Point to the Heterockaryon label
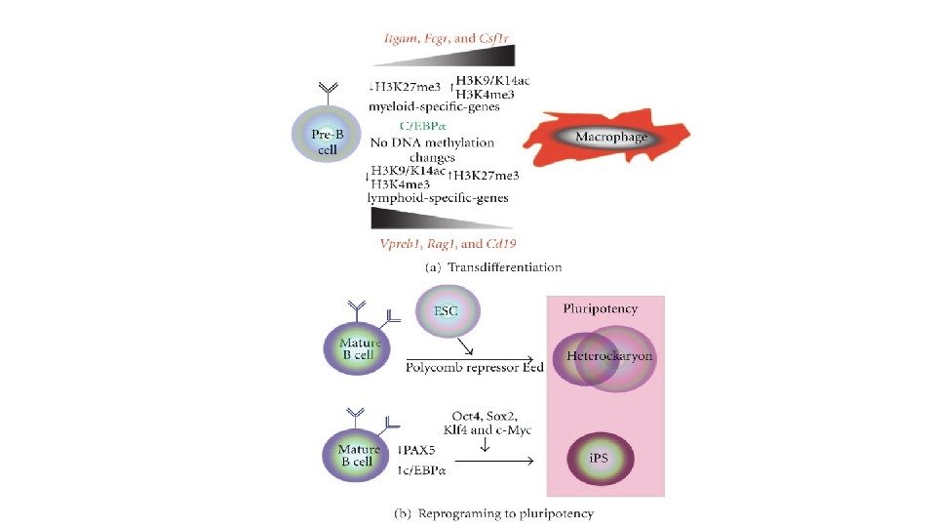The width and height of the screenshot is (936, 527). [x=609, y=356]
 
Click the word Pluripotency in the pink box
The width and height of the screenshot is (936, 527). [x=600, y=309]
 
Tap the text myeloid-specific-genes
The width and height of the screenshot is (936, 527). [x=435, y=106]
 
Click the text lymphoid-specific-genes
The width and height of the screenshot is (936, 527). [x=439, y=198]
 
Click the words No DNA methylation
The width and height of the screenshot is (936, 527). [x=432, y=142]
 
